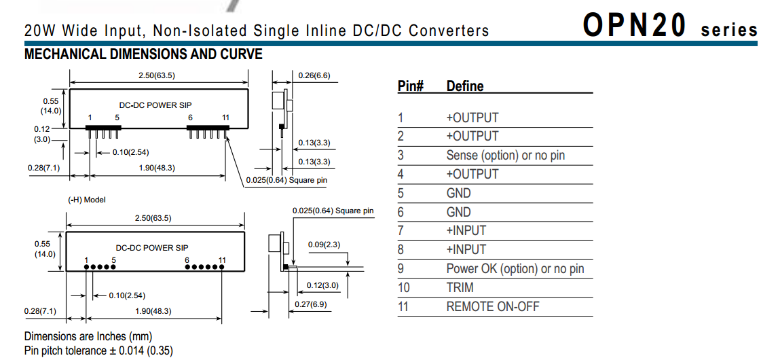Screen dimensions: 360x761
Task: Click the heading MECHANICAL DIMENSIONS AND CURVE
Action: [143, 54]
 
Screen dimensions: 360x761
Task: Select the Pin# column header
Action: [411, 86]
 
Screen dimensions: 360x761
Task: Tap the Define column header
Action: [465, 86]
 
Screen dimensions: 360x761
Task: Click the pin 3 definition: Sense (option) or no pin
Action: [505, 156]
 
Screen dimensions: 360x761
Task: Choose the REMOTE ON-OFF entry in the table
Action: [493, 306]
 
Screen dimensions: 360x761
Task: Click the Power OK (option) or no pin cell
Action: [515, 268]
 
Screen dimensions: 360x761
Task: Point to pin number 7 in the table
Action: [401, 231]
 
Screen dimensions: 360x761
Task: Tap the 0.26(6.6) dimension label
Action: [314, 75]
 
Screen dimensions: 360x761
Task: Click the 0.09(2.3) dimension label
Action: [324, 244]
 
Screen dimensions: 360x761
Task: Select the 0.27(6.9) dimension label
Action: [310, 304]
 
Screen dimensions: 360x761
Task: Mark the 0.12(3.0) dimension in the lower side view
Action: [322, 285]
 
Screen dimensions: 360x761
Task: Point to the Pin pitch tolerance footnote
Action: [98, 350]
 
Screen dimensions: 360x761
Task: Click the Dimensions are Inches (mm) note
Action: [88, 336]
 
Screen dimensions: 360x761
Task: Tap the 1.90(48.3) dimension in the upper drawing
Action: [154, 167]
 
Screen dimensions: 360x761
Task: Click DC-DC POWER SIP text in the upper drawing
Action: [155, 105]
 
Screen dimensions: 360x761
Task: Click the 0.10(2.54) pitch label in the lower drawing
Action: [127, 295]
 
